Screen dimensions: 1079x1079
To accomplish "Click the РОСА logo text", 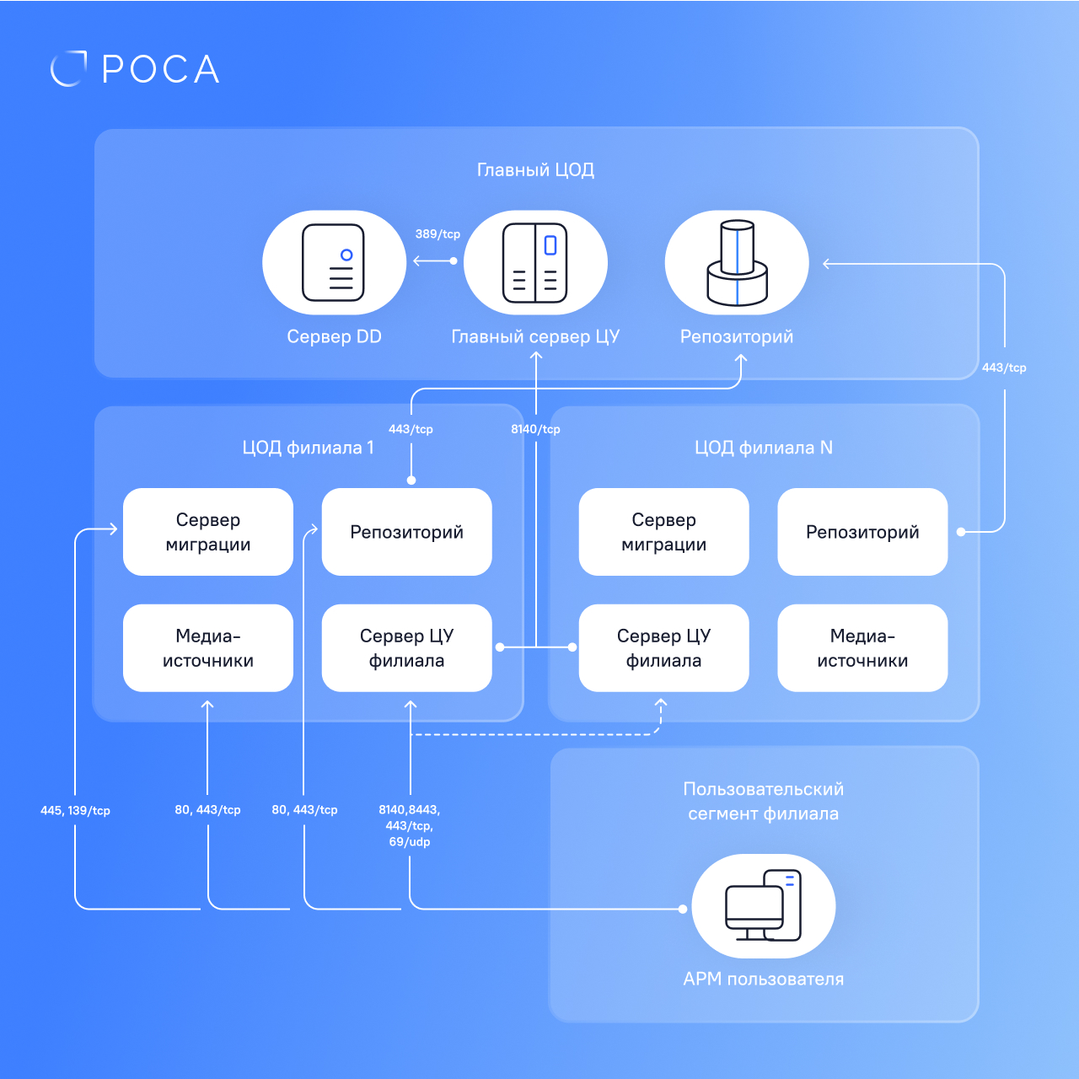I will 160,69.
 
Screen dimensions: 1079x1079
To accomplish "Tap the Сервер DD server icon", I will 334,263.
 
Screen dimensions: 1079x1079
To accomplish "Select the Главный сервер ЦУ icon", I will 535,263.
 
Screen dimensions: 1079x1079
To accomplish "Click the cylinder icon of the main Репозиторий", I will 737,263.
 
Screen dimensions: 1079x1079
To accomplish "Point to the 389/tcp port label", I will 438,234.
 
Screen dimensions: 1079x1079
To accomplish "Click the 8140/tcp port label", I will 535,429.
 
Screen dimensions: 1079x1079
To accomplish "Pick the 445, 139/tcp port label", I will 75,811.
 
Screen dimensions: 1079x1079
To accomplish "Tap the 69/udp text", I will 410,842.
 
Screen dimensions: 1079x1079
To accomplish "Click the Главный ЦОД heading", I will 535,170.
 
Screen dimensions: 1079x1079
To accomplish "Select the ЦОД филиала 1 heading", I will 308,448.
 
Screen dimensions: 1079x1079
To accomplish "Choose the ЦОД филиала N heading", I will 763,448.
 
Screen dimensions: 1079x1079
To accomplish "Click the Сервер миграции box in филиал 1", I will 208,532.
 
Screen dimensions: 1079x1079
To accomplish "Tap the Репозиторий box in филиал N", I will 862,532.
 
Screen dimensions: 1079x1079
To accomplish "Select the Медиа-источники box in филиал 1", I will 208,648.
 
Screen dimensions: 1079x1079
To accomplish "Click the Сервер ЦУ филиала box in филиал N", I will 663,648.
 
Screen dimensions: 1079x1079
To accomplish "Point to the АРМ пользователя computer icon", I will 763,906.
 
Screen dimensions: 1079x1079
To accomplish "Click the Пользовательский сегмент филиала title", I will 763,802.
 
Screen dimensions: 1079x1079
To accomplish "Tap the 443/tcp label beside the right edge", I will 1004,368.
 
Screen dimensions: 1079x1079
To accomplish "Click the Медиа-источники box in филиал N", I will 862,648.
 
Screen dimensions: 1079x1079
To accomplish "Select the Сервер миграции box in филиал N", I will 663,532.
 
